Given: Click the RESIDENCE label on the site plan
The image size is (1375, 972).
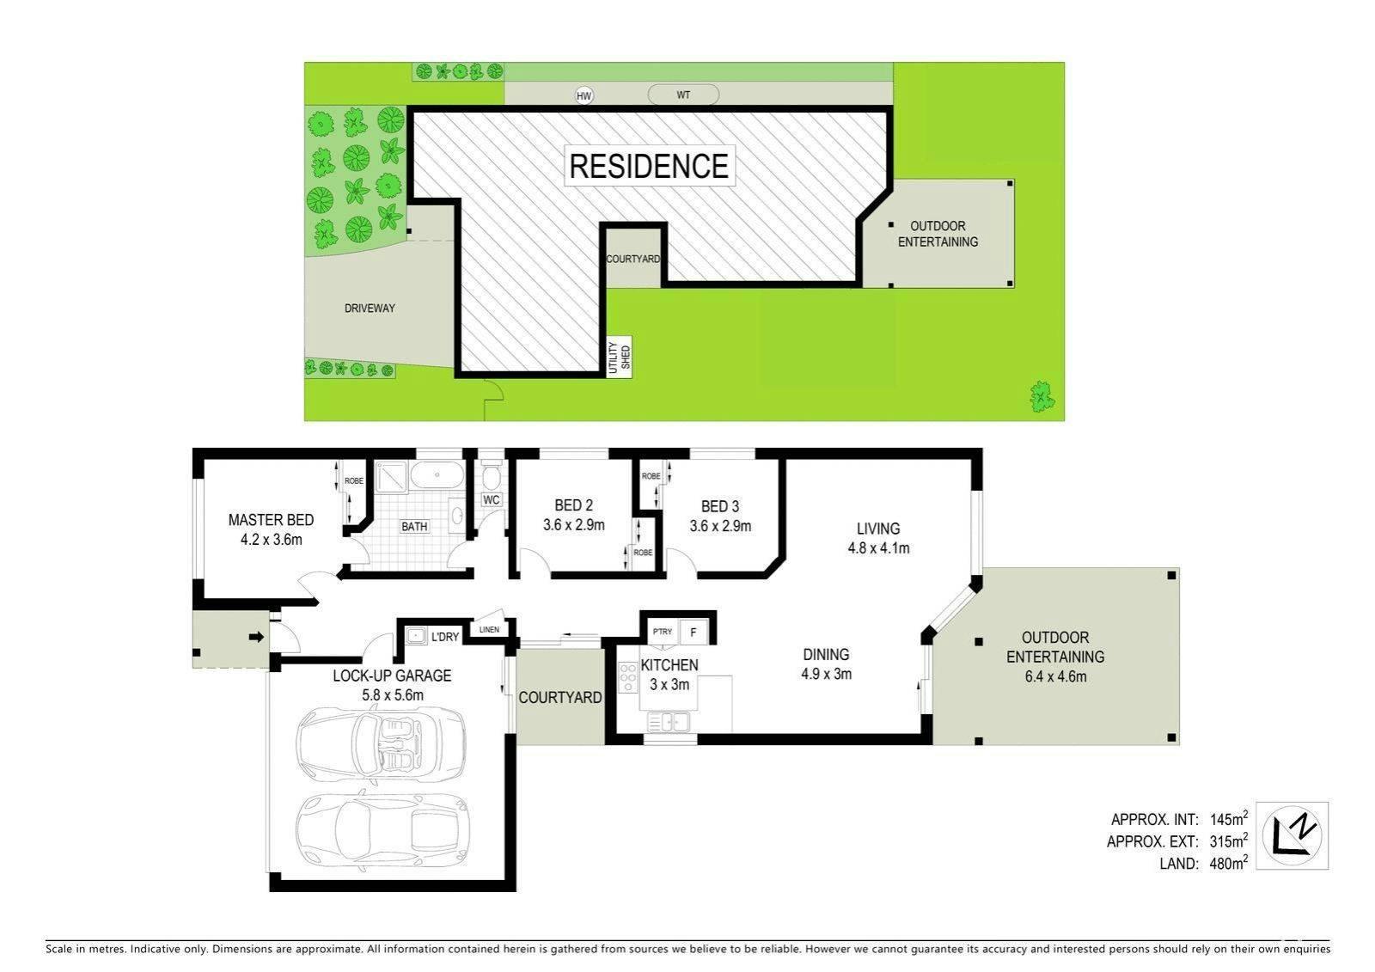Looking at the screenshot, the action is pyautogui.click(x=649, y=166).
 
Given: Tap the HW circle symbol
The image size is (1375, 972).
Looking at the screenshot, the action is pyautogui.click(x=584, y=95).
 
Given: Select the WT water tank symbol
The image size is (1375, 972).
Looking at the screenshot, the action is pyautogui.click(x=683, y=95).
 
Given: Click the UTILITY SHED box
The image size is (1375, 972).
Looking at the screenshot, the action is pyautogui.click(x=619, y=357).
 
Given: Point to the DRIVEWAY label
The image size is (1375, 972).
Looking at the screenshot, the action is pyautogui.click(x=370, y=309).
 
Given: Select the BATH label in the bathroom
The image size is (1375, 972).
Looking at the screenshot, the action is pyautogui.click(x=414, y=526).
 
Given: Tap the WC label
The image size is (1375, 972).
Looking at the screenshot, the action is pyautogui.click(x=491, y=500).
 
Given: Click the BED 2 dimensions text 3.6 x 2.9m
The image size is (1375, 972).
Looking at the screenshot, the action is pyautogui.click(x=573, y=525).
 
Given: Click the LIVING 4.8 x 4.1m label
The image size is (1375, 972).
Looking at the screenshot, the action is pyautogui.click(x=878, y=538).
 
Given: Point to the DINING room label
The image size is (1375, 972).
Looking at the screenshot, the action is pyautogui.click(x=826, y=655).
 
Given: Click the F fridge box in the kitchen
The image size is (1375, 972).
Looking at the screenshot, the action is pyautogui.click(x=694, y=633).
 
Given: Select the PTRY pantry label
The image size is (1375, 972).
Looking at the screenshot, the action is pyautogui.click(x=663, y=631).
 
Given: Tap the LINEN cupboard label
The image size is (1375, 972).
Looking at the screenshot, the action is pyautogui.click(x=489, y=629).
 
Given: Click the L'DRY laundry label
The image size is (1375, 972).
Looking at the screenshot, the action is pyautogui.click(x=445, y=637).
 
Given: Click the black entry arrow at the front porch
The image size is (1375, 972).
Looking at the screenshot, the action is pyautogui.click(x=256, y=637).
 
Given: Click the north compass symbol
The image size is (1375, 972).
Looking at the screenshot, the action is pyautogui.click(x=1292, y=835).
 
